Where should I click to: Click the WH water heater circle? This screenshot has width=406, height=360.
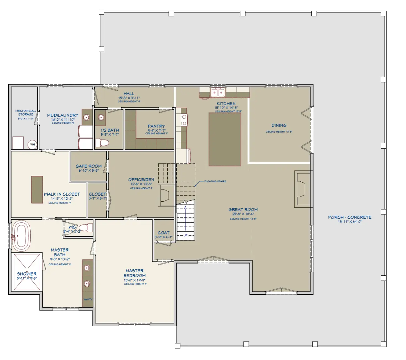tap(32, 145)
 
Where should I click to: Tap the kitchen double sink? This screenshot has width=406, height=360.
tap(218, 93)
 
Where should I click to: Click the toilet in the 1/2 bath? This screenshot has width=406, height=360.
tap(102, 143)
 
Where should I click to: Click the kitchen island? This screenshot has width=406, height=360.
tap(225, 139)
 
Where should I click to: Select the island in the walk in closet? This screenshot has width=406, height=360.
tap(37, 190)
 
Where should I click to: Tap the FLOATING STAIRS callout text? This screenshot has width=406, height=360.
tap(215, 181)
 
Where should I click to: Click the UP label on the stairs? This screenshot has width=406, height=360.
tap(186, 235)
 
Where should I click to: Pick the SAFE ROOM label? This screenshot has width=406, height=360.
tap(89, 166)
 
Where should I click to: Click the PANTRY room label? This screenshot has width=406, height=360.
tap(156, 126)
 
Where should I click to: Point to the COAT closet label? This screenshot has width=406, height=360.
tap(163, 233)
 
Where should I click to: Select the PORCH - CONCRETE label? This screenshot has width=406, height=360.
tap(349, 217)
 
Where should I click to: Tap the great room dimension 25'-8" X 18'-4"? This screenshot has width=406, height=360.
tap(243, 214)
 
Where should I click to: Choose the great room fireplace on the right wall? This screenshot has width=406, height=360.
tap(302, 189)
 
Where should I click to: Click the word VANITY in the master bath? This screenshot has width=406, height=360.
tap(88, 299)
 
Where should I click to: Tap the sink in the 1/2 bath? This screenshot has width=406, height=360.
tap(100, 117)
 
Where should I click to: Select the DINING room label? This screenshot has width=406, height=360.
tap(279, 125)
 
